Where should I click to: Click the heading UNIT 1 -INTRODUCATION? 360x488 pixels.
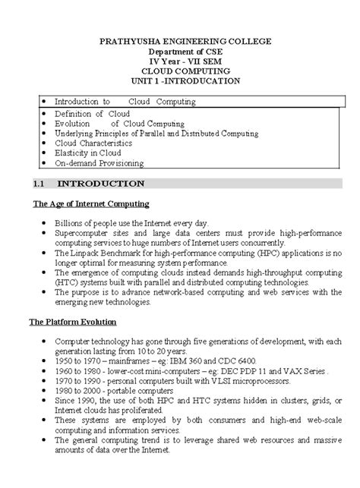pyautogui.click(x=179, y=80)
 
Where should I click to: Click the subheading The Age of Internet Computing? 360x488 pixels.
pyautogui.click(x=91, y=204)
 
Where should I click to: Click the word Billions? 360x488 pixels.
pyautogui.click(x=68, y=222)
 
